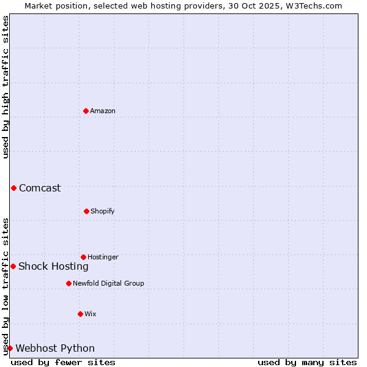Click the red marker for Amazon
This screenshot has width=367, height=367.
(x=86, y=111)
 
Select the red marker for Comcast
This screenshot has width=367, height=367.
(x=13, y=188)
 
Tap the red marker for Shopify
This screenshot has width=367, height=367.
(x=86, y=211)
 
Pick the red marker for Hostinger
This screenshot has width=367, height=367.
(x=83, y=257)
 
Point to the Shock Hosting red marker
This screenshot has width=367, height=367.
(x=13, y=266)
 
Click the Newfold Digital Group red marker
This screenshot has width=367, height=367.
(x=69, y=283)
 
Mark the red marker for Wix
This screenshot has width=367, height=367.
(x=80, y=314)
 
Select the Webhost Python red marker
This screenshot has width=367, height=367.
(x=10, y=348)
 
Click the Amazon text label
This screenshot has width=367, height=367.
(x=103, y=111)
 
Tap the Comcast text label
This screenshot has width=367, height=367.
(x=40, y=188)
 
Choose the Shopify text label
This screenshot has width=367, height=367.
(x=103, y=211)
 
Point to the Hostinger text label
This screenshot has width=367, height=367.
(x=103, y=257)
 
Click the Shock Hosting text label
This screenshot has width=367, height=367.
(x=53, y=266)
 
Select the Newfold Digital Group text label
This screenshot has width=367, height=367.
(x=108, y=283)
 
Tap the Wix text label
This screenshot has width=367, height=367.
(x=91, y=314)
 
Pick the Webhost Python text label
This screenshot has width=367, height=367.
(x=55, y=348)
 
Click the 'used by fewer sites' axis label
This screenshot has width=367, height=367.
(x=63, y=362)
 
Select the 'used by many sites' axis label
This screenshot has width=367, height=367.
(x=307, y=362)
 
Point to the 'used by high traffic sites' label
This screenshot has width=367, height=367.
(x=6, y=87)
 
